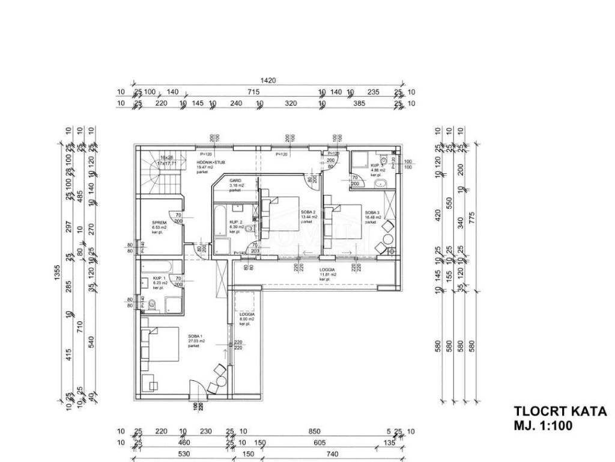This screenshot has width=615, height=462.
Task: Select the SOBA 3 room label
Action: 373,212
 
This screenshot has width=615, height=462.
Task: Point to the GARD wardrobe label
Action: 235,180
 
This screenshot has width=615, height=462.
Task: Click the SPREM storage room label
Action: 159,223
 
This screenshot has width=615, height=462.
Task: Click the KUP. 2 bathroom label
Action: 235,222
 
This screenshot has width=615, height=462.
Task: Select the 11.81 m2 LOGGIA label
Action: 327,270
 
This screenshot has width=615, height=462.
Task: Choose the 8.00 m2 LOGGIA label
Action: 247,315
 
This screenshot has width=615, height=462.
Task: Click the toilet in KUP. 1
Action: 151,305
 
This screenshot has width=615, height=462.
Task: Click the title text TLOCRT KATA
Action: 560,411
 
